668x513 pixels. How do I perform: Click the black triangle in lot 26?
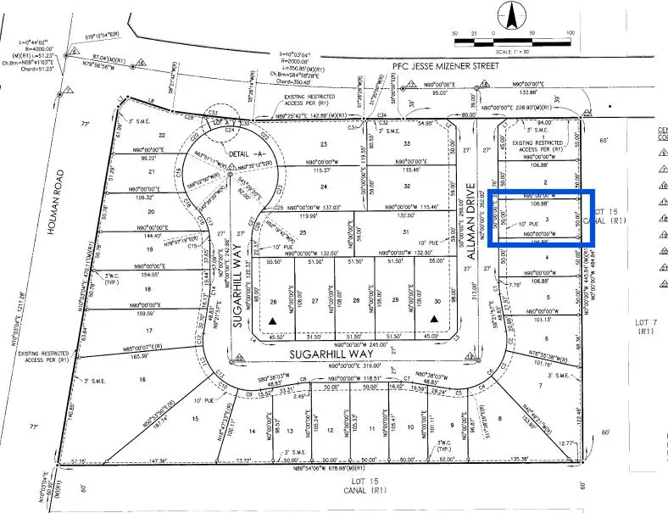(272, 320)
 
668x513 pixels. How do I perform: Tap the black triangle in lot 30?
(435, 319)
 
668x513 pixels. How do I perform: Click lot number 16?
(142, 380)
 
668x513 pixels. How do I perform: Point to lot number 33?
(406, 144)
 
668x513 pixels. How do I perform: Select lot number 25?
(303, 231)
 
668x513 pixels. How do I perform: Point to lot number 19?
(148, 249)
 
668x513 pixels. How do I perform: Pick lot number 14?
(251, 431)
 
